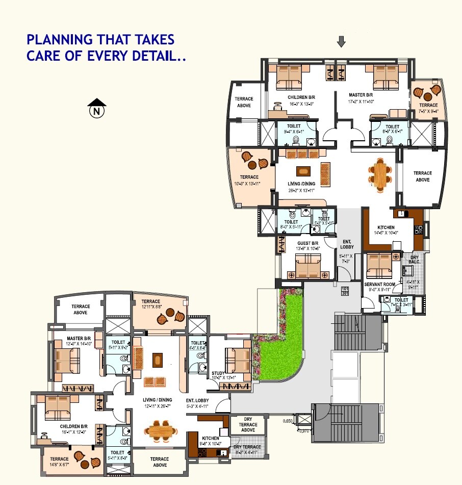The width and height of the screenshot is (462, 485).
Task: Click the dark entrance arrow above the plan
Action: tap(341, 42)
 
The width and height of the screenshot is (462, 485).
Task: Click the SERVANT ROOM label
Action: tap(379, 284)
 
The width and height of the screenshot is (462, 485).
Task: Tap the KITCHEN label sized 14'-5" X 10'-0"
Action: tap(386, 227)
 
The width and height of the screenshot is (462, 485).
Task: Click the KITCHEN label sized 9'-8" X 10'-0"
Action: tap(211, 438)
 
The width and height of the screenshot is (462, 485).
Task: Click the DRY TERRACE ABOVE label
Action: tap(248, 424)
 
